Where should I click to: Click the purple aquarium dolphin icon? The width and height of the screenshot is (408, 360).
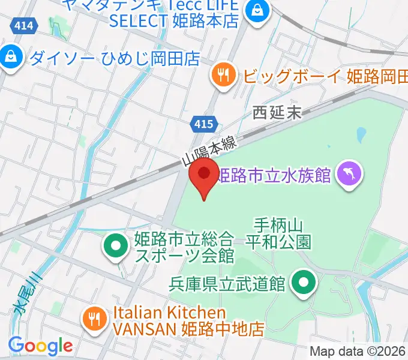tap(349, 175)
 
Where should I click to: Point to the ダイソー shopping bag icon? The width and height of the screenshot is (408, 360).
tap(11, 58)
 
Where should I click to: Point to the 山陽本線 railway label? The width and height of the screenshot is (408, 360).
tap(210, 151)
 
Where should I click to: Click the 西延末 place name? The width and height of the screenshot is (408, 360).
tap(277, 112)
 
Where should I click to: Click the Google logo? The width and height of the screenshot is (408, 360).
tap(40, 346)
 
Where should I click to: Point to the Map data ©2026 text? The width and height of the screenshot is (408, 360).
tap(358, 352)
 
